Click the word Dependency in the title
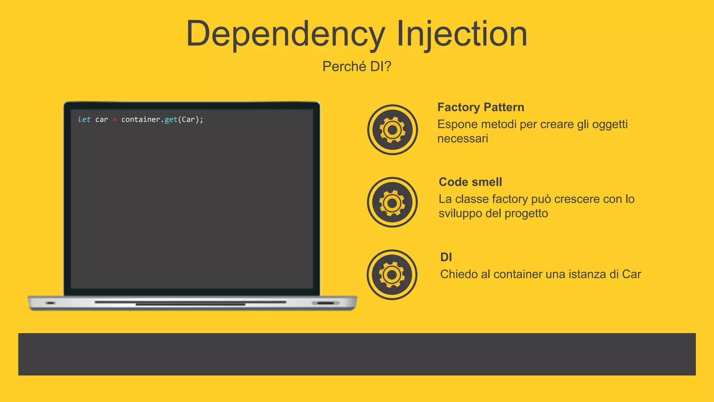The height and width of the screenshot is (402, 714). [285, 34]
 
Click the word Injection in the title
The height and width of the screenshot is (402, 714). [462, 34]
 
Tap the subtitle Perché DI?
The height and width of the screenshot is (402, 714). [357, 66]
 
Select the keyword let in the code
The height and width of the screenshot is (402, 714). [84, 119]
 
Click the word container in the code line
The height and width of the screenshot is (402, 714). [140, 119]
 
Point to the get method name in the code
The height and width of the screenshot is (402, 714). [171, 119]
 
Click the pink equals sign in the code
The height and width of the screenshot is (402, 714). [115, 120]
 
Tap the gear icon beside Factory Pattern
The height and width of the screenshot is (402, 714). [392, 130]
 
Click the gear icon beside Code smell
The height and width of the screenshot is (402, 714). [392, 202]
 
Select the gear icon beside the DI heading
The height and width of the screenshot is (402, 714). [392, 275]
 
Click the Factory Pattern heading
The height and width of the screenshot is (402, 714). [480, 107]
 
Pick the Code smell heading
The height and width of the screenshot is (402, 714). [470, 182]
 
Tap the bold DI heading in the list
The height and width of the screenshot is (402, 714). [446, 257]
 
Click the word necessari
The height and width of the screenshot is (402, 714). [463, 139]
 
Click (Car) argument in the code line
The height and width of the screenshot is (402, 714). [188, 119]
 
